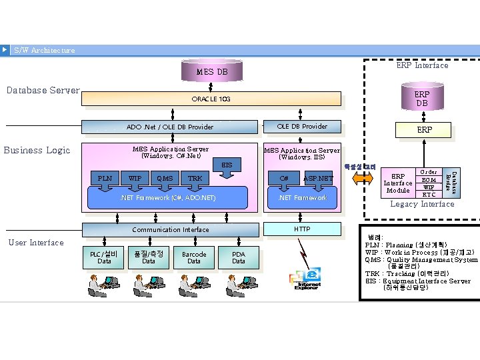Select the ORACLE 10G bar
[211, 99]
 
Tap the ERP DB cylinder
[422, 99]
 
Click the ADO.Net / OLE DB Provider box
[170, 127]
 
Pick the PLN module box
[105, 178]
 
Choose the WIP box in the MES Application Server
[135, 178]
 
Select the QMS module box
[164, 178]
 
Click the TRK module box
[195, 178]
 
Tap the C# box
[284, 178]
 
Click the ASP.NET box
[318, 178]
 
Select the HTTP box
[302, 229]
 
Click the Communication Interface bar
[170, 229]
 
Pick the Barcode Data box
[193, 257]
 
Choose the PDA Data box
[238, 257]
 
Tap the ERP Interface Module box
[398, 183]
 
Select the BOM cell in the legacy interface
[429, 179]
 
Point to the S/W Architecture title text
[44, 50]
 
